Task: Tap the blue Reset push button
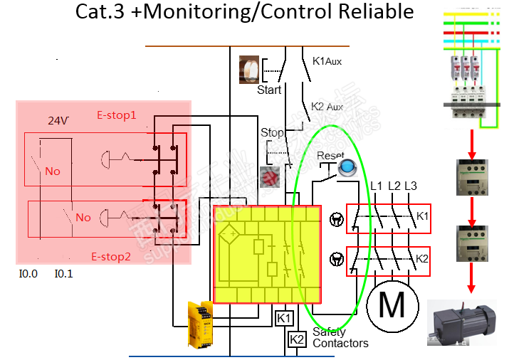pyautogui.click(x=348, y=167)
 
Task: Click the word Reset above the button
pyautogui.click(x=330, y=155)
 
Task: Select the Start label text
pyautogui.click(x=269, y=90)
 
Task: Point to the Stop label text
pyautogui.click(x=272, y=133)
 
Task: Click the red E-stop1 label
pyautogui.click(x=116, y=115)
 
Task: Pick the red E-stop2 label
pyautogui.click(x=111, y=257)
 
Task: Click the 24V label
pyautogui.click(x=58, y=121)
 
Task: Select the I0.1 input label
pyautogui.click(x=64, y=273)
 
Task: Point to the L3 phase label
pyautogui.click(x=410, y=186)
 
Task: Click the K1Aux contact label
pyautogui.click(x=327, y=61)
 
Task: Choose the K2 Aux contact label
pyautogui.click(x=327, y=107)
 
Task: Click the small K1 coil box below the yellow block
pyautogui.click(x=284, y=318)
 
